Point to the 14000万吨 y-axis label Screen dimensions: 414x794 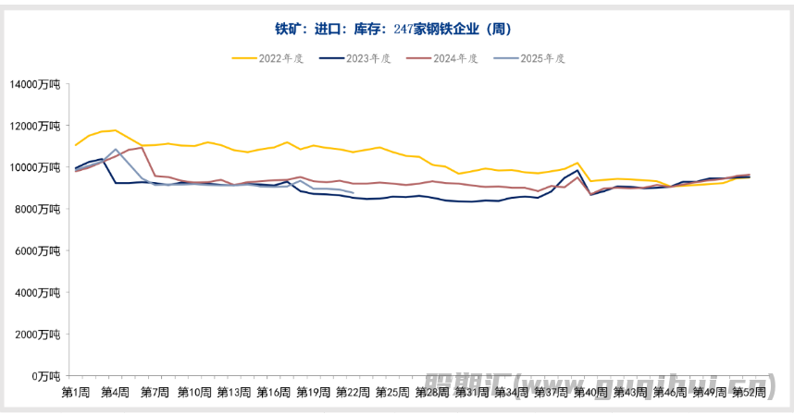coord(34,84)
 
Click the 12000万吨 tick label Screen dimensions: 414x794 coord(34,126)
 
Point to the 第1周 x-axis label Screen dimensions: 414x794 coord(76,392)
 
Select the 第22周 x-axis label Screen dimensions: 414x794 coord(354,392)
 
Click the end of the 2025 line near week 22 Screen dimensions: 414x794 coord(354,192)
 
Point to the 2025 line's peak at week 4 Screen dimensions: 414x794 coord(116,149)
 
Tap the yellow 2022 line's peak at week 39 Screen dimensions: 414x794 coord(577,163)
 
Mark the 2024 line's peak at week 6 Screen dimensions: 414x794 coord(142,147)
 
